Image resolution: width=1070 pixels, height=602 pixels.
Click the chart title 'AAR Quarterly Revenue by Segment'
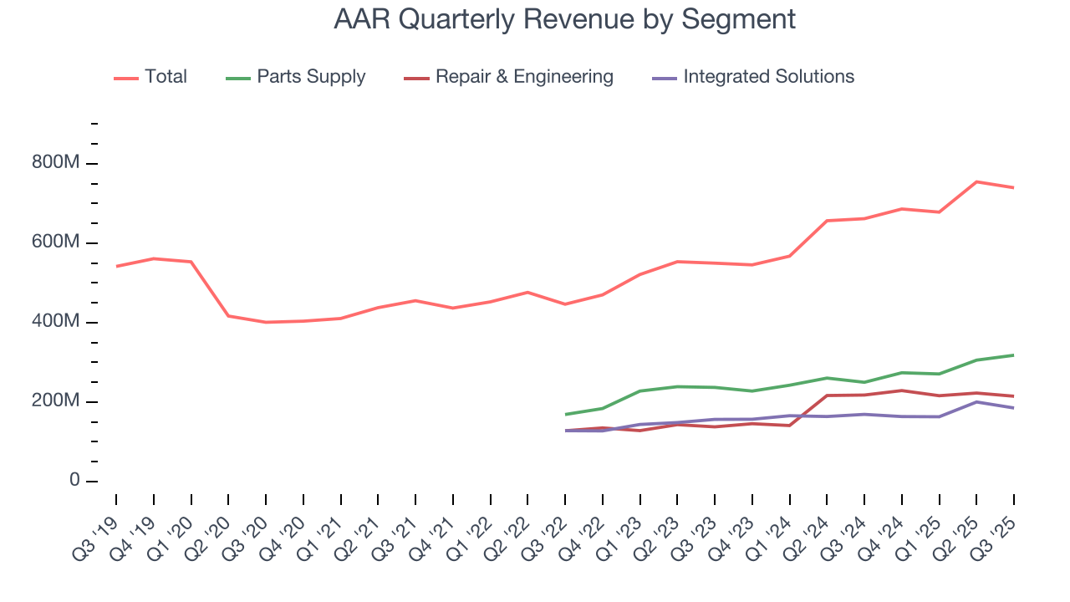[x=564, y=18]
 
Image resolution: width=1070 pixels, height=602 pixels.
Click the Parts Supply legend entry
[x=295, y=77]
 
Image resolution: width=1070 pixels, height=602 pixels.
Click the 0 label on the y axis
[x=75, y=482]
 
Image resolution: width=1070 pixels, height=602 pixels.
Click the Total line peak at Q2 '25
[x=976, y=181]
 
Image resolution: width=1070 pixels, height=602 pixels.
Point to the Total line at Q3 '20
[x=266, y=322]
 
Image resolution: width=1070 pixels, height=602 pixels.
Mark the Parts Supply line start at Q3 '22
[x=566, y=415]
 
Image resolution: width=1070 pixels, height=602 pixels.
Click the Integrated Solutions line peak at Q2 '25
[x=976, y=402]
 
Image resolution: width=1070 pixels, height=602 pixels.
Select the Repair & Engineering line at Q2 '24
[x=827, y=395]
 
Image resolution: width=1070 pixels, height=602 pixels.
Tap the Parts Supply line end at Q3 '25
[x=1013, y=355]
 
